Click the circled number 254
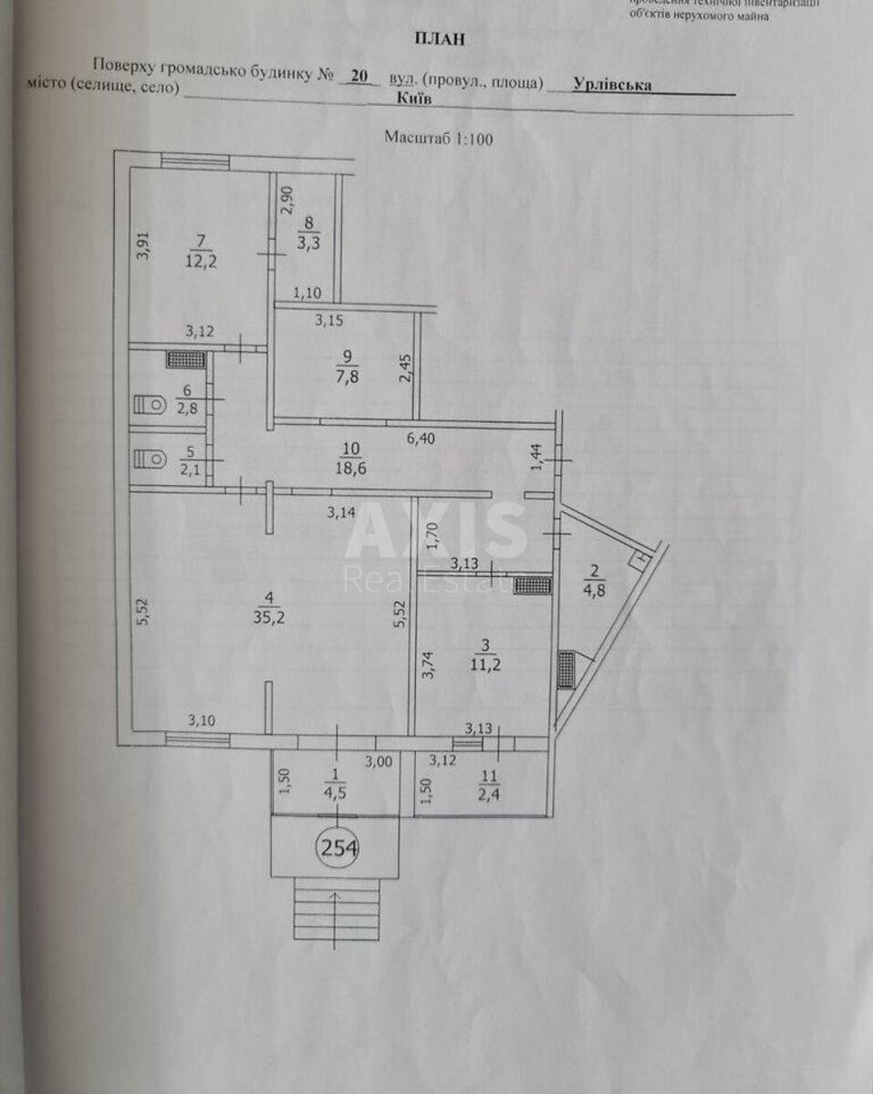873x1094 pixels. click(x=338, y=848)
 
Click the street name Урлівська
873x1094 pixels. click(x=612, y=84)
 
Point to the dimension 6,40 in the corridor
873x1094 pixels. click(x=421, y=439)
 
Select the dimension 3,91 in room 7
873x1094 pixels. click(x=142, y=247)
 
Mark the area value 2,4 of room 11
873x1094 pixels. click(x=491, y=790)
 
